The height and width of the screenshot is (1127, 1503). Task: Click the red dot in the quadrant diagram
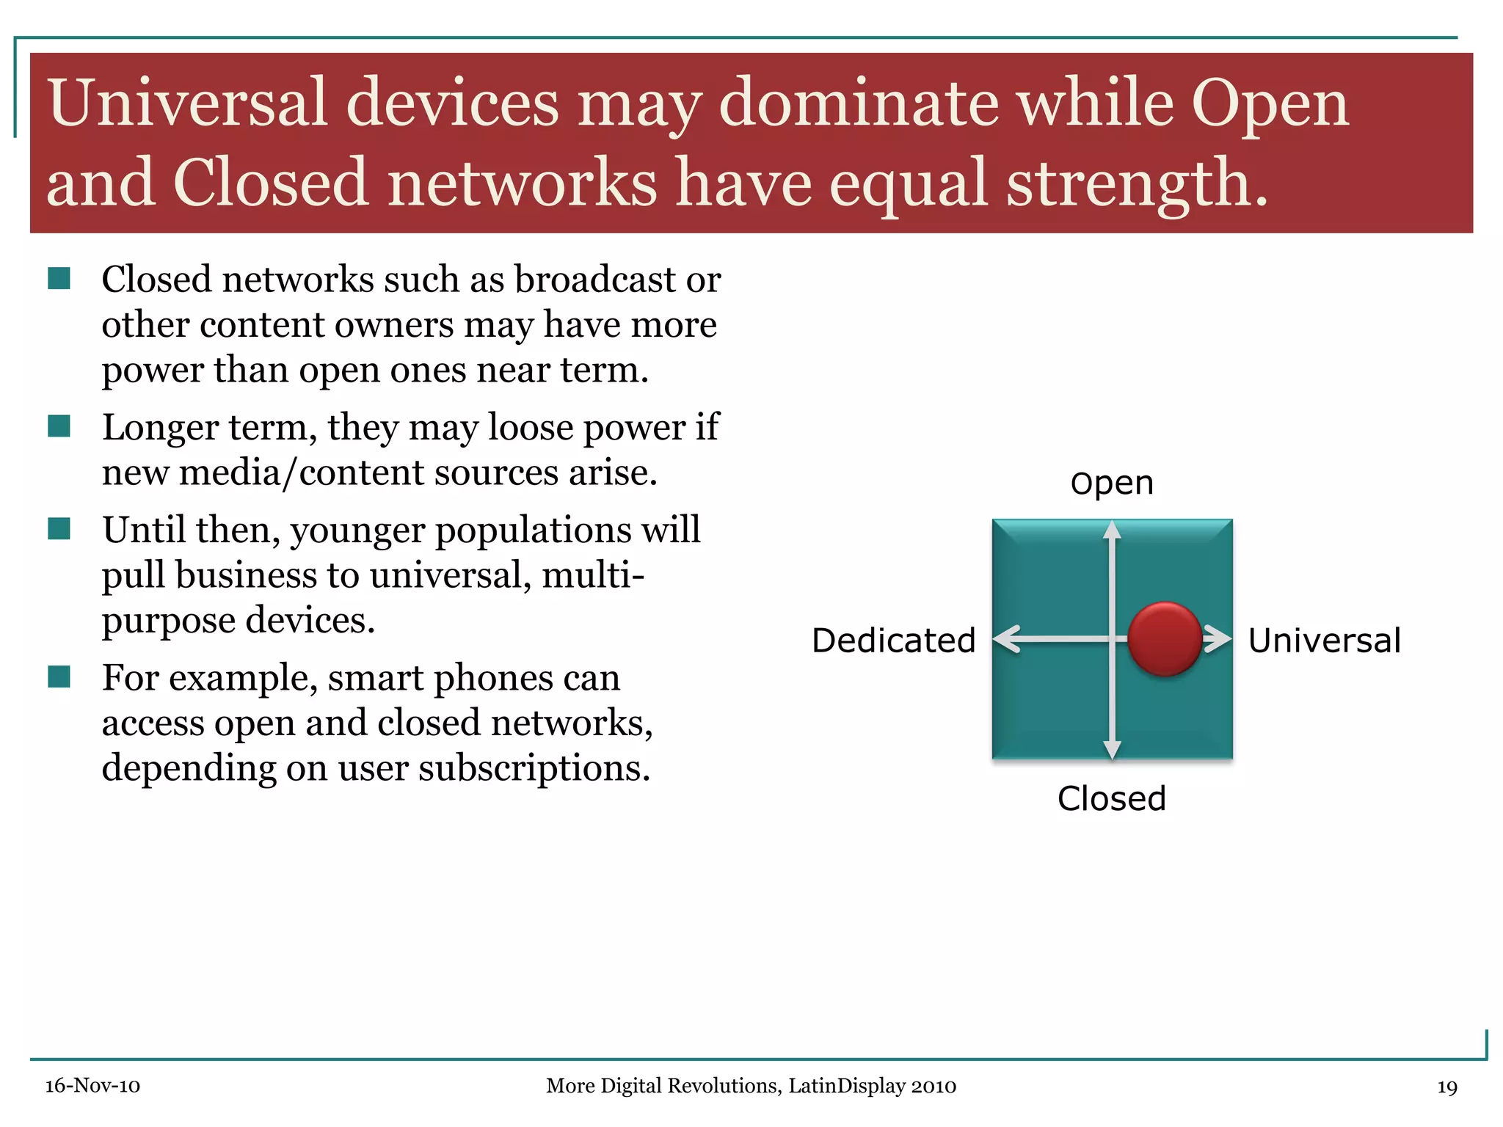tap(1164, 638)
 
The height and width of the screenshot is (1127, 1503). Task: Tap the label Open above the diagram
tap(1112, 484)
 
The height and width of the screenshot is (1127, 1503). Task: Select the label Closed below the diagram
tap(1111, 798)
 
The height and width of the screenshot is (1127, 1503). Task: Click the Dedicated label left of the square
tap(893, 641)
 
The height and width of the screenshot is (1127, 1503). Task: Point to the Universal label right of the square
tap(1324, 641)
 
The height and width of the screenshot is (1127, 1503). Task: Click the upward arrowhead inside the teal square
tap(1112, 530)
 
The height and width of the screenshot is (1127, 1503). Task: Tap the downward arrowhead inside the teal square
tap(1112, 749)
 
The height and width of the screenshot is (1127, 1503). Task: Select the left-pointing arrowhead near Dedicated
tap(1007, 638)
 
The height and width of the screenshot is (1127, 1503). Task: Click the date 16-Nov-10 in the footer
tap(92, 1086)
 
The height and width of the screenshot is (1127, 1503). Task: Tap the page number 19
tap(1446, 1087)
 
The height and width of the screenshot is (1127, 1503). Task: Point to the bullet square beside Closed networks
tap(59, 279)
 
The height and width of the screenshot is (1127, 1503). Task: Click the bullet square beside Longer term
tap(59, 426)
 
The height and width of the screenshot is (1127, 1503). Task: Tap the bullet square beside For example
tap(59, 676)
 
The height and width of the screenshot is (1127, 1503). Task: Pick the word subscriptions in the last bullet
tap(534, 769)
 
